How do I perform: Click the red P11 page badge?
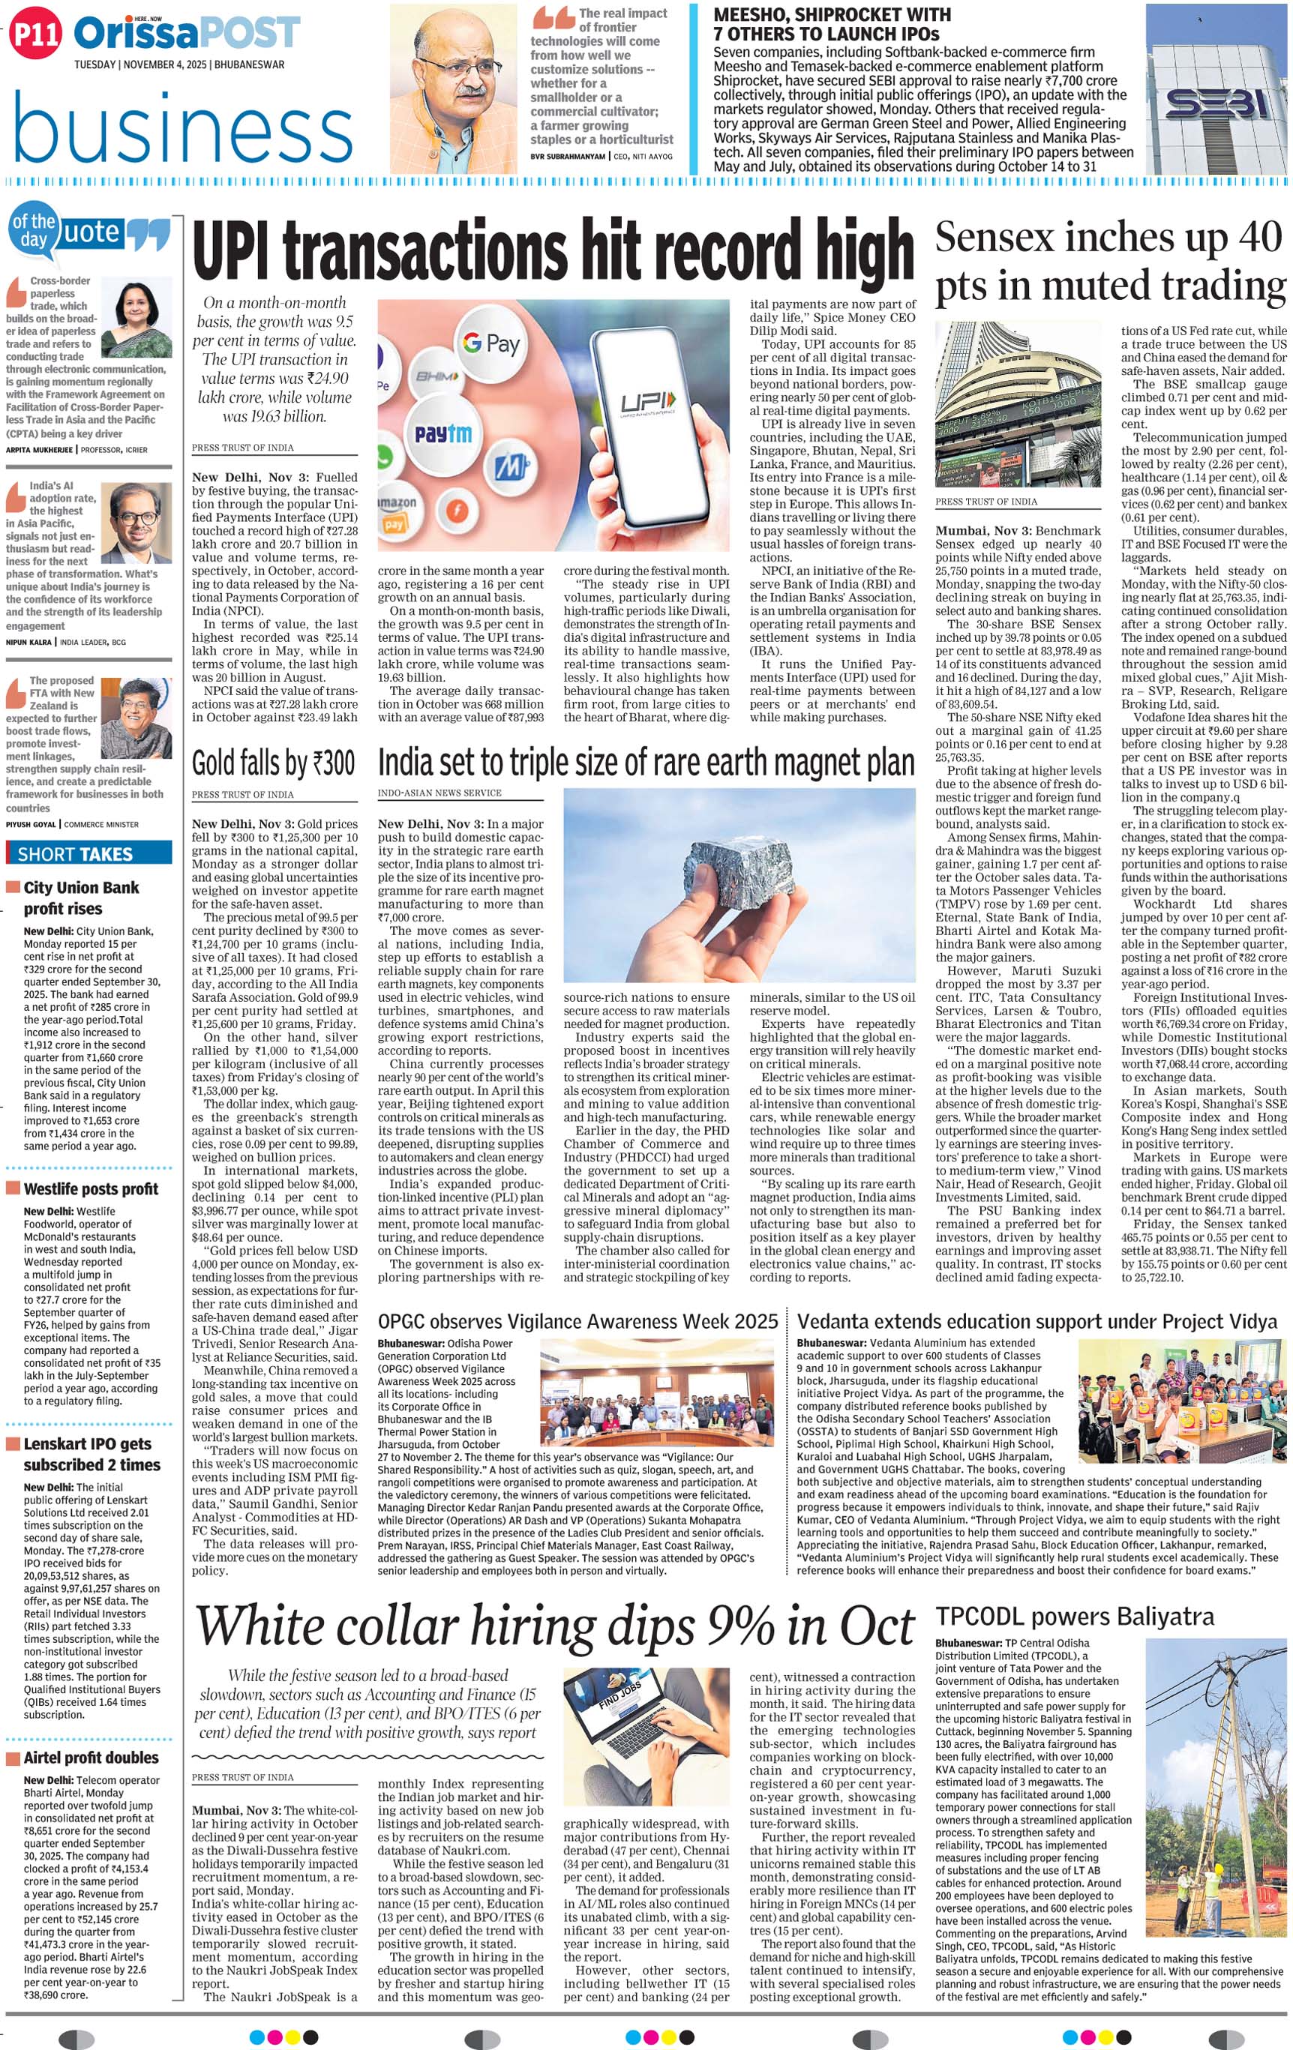point(37,33)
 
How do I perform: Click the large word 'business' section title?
point(182,127)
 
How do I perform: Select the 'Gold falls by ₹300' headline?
point(272,763)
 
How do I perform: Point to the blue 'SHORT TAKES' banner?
point(88,854)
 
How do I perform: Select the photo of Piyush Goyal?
point(133,706)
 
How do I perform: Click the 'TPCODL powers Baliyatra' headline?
point(1075,1617)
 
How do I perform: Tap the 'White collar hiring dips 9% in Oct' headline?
point(555,1625)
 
